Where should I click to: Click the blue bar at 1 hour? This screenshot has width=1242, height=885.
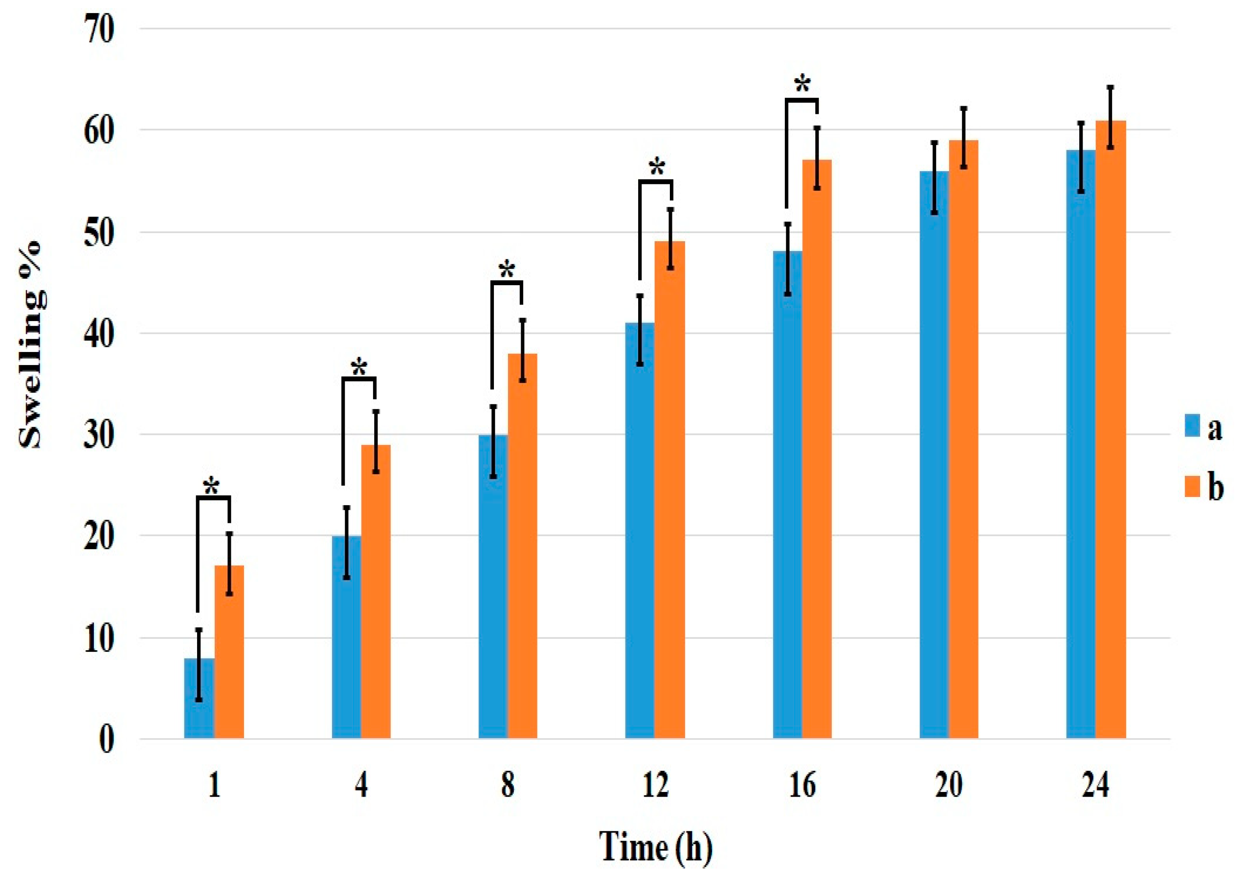[199, 703]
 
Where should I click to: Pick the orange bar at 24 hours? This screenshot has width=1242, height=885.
[1110, 436]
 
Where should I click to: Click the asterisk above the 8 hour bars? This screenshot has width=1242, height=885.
[507, 270]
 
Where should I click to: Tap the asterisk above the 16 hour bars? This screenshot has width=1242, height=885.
[802, 85]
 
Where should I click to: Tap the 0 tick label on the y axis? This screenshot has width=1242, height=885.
[107, 740]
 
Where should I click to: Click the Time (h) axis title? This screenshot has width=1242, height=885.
[655, 847]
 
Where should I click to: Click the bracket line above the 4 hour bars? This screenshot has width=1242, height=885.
[359, 378]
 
